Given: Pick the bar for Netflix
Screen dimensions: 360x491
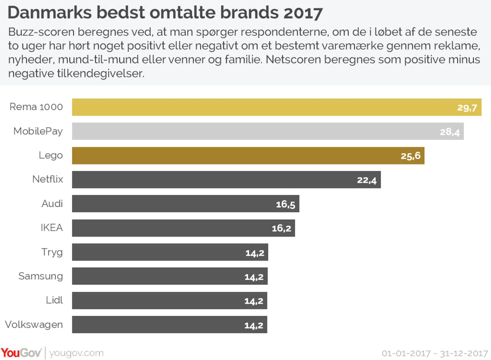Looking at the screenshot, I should [x=211, y=180].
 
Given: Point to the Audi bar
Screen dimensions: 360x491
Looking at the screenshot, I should [x=170, y=204].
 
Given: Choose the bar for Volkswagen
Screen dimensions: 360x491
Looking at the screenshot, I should [x=157, y=325].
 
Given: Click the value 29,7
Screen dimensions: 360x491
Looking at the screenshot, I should [x=467, y=108].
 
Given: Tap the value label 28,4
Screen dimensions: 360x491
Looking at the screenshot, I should [x=449, y=132].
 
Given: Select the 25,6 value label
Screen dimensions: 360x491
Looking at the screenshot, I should [x=411, y=156].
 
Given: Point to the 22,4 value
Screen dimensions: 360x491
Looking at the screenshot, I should [x=367, y=180].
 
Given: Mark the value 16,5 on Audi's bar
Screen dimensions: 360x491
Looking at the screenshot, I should [x=285, y=204].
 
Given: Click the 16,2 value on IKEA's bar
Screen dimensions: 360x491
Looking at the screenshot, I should [x=281, y=228].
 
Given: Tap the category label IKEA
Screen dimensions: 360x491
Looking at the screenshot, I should [x=52, y=228].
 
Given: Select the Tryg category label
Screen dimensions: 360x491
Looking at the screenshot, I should [x=52, y=252].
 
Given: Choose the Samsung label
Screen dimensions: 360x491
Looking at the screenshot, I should [x=41, y=276].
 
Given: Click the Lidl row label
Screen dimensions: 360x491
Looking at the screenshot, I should [x=55, y=300].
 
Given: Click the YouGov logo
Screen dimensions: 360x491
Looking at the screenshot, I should [x=21, y=353].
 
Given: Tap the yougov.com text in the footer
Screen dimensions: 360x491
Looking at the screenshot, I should [x=76, y=353].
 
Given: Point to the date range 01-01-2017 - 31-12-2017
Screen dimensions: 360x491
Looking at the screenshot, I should [x=435, y=354].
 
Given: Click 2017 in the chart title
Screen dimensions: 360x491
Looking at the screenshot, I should [x=303, y=13].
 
